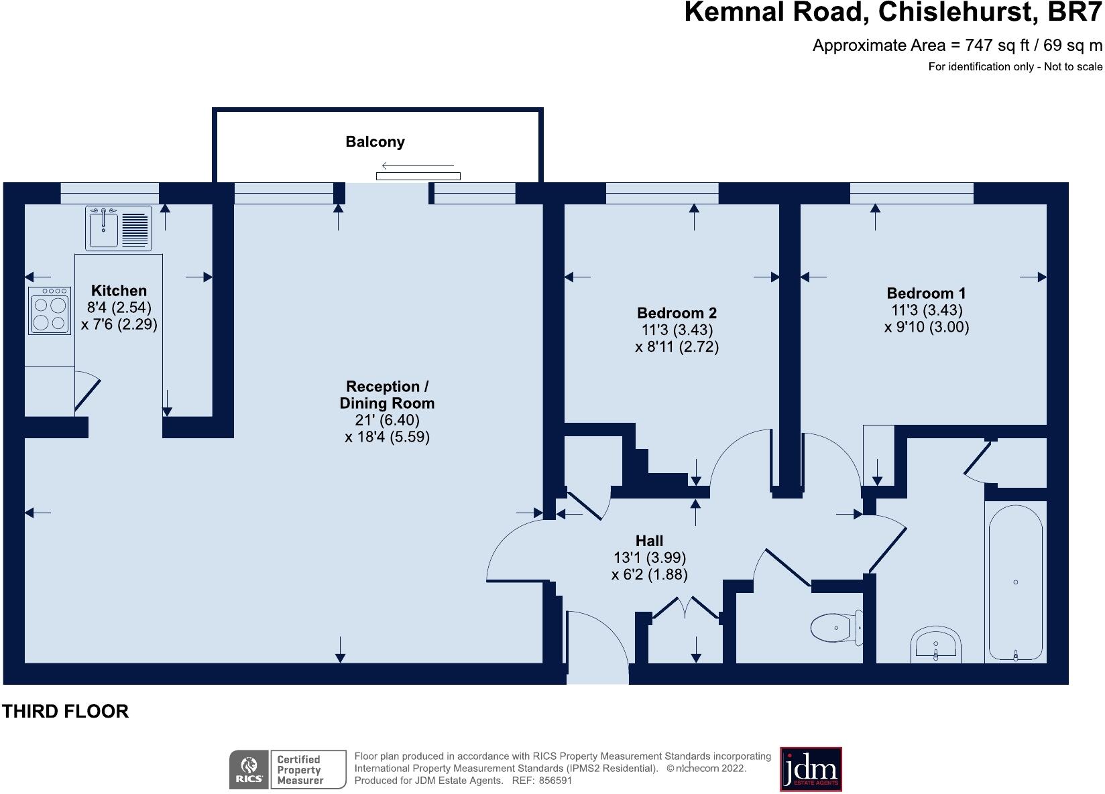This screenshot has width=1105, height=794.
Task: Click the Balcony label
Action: click(x=375, y=142)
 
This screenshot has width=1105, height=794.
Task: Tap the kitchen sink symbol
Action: click(x=119, y=228)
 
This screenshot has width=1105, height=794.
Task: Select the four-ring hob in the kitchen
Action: click(x=50, y=311)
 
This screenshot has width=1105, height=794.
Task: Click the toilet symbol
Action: click(x=837, y=627)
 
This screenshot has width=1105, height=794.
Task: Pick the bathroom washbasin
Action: click(x=935, y=644)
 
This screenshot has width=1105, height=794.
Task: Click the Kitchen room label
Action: click(x=119, y=291)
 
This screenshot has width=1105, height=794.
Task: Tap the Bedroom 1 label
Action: click(x=926, y=293)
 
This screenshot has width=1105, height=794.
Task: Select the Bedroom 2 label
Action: click(x=677, y=313)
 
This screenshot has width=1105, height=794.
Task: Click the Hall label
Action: click(x=649, y=541)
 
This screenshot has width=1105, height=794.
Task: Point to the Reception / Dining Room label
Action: click(x=388, y=395)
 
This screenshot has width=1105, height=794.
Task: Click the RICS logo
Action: click(x=249, y=769)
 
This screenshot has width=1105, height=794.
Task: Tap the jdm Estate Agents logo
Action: click(x=811, y=769)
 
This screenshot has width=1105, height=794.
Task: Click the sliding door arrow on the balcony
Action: click(x=418, y=166)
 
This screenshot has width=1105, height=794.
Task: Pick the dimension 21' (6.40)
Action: click(x=388, y=420)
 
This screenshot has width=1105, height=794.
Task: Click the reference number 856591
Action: click(x=555, y=781)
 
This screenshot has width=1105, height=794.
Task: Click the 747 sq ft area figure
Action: click(x=997, y=46)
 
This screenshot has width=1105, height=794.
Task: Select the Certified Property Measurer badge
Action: click(x=308, y=769)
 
